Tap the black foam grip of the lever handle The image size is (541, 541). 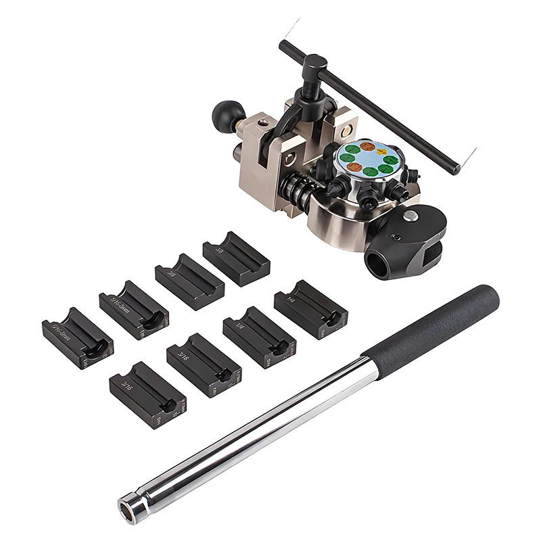(433, 325)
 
